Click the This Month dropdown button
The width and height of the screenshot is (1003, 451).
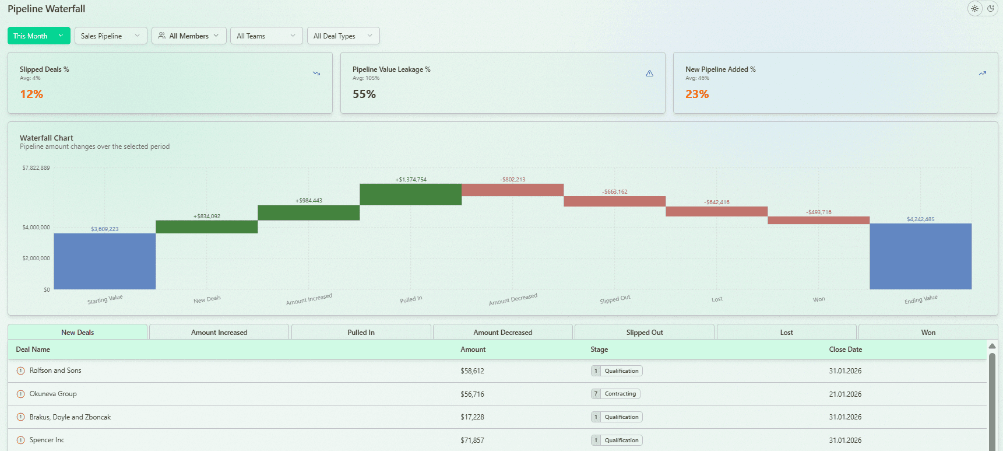coord(38,36)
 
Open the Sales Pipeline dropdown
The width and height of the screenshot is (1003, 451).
coord(111,36)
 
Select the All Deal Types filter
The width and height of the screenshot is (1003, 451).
coord(343,36)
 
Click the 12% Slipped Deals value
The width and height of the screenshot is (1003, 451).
coord(31,94)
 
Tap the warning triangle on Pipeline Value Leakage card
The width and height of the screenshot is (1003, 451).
coord(649,74)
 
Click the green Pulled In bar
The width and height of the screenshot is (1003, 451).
coord(410,194)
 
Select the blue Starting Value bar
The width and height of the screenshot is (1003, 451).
coord(105,261)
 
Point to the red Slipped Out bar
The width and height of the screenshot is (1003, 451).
coord(614,201)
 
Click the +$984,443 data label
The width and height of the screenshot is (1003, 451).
coord(309,201)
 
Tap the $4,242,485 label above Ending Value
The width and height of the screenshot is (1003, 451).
coord(920,219)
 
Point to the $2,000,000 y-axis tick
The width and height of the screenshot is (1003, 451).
coord(36,258)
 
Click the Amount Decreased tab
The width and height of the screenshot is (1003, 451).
coord(502,332)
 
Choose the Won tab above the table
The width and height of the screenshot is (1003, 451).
coord(928,332)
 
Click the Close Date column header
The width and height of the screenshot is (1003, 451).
coord(845,349)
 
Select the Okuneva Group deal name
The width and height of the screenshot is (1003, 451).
coord(53,394)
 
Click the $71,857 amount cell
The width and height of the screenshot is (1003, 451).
coord(472,440)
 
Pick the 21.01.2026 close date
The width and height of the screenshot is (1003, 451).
coord(845,394)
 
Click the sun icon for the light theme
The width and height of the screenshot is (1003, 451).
coord(974,9)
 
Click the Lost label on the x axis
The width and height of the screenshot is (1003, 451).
coord(717,299)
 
